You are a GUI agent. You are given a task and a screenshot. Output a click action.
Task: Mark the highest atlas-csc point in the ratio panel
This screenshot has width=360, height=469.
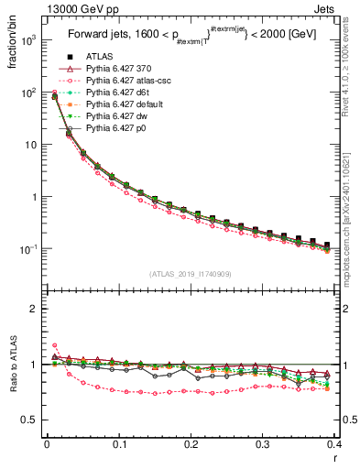click(x=54, y=345)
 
